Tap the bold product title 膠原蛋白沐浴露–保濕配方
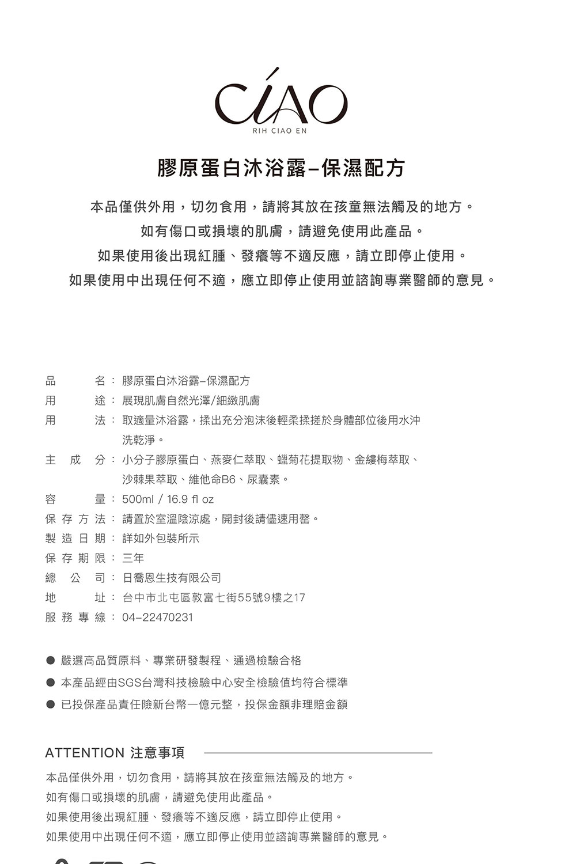pyautogui.click(x=281, y=168)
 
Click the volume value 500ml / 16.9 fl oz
pyautogui.click(x=168, y=499)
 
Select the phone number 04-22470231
pyautogui.click(x=157, y=617)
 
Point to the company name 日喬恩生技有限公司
pyautogui.click(x=172, y=578)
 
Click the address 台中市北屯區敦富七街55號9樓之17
pyautogui.click(x=214, y=598)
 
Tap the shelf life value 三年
pyautogui.click(x=133, y=558)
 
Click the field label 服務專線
pyautogui.click(x=75, y=617)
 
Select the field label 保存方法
pyautogui.click(x=75, y=519)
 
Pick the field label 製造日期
pyautogui.click(x=75, y=539)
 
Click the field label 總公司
pyautogui.click(x=75, y=578)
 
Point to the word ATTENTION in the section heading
pyautogui.click(x=85, y=753)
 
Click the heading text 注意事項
pyautogui.click(x=158, y=753)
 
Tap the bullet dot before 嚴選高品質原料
pyautogui.click(x=51, y=661)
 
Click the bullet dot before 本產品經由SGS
pyautogui.click(x=51, y=683)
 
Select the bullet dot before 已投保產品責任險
pyautogui.click(x=51, y=704)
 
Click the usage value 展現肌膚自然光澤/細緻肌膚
pyautogui.click(x=191, y=400)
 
